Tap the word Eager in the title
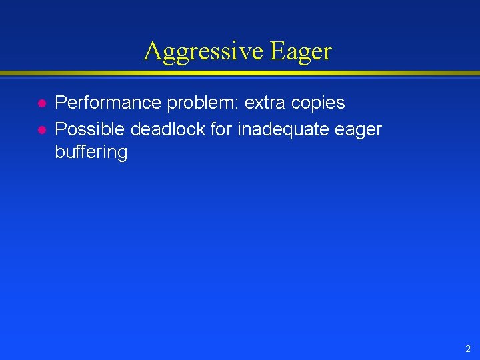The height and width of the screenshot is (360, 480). (301, 51)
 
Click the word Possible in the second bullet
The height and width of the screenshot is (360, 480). (90, 128)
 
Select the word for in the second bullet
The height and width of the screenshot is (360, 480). (219, 128)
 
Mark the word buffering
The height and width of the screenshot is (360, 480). (91, 153)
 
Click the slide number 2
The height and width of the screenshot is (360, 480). (468, 349)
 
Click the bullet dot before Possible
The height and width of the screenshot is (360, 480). (41, 129)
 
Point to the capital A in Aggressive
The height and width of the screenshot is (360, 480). (152, 51)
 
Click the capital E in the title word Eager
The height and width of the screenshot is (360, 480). (277, 51)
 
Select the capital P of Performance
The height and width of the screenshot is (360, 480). (60, 103)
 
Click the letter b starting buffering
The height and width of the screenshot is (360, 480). (59, 152)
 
